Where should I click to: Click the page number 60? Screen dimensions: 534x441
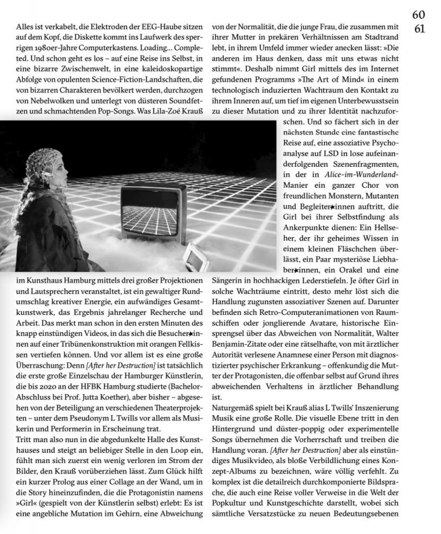pos(419,16)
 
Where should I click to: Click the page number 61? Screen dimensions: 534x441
pos(419,29)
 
